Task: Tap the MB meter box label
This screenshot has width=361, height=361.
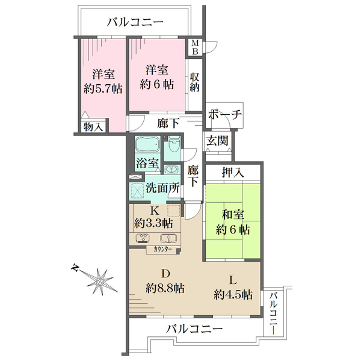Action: (195, 46)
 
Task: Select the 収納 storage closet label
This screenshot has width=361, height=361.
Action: (195, 82)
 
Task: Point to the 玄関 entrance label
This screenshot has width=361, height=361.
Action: (217, 141)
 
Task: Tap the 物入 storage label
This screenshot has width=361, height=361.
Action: (93, 127)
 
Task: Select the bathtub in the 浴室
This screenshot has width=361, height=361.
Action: (147, 146)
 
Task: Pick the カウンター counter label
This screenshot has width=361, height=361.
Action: (162, 248)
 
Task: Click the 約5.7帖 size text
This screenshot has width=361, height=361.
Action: (103, 88)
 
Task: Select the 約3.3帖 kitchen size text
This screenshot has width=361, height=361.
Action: (153, 223)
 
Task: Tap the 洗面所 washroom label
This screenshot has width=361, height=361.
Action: (164, 188)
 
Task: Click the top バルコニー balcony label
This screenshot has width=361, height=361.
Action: (135, 23)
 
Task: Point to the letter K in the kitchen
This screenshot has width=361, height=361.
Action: (154, 211)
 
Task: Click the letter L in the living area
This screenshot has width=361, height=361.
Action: (233, 279)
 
